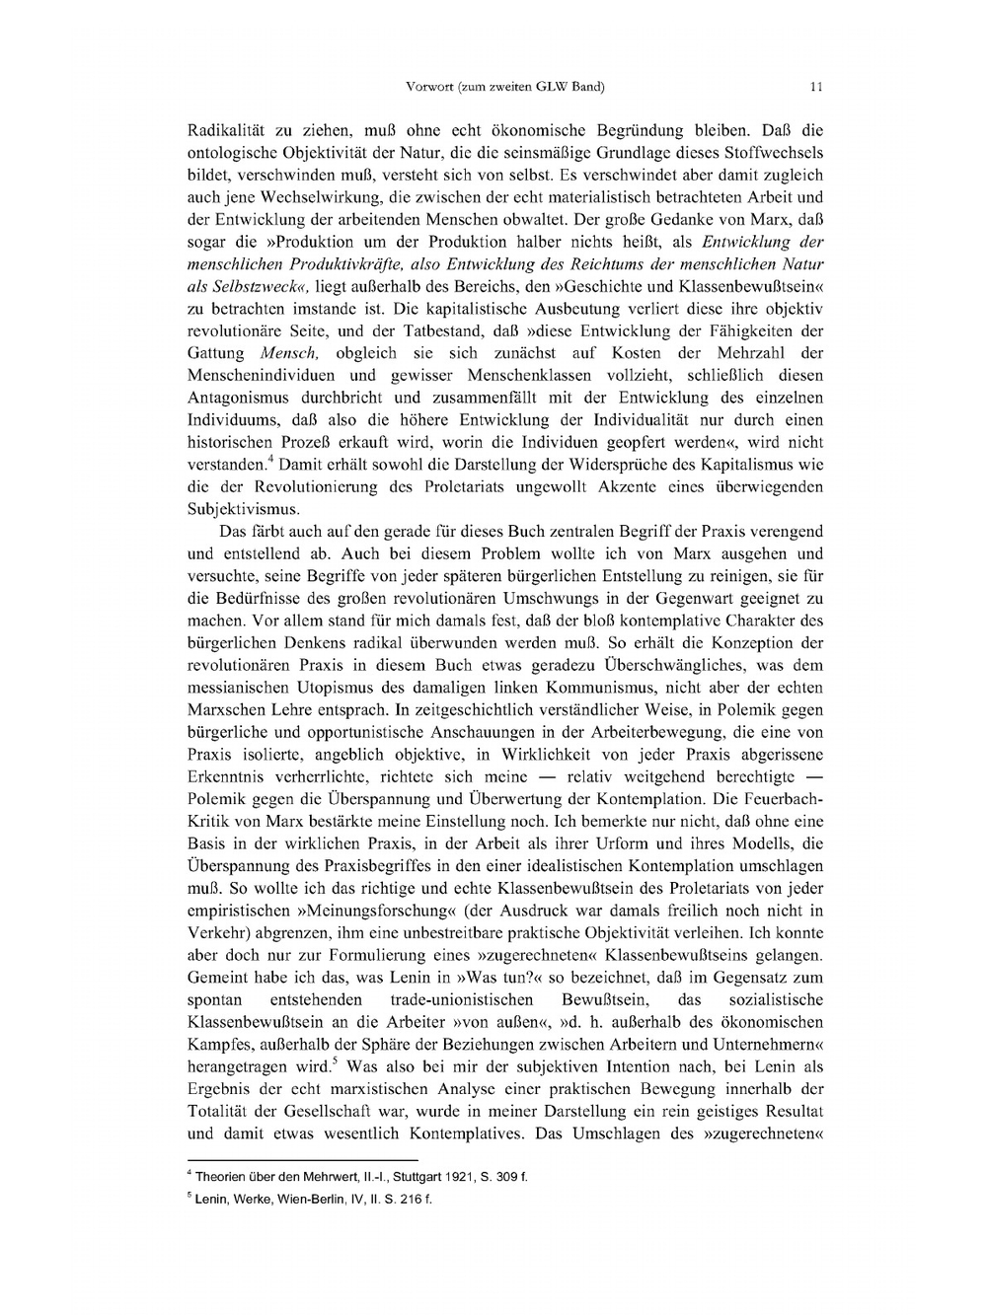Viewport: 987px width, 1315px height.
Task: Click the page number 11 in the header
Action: point(816,87)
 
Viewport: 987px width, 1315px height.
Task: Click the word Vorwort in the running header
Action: point(426,87)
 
